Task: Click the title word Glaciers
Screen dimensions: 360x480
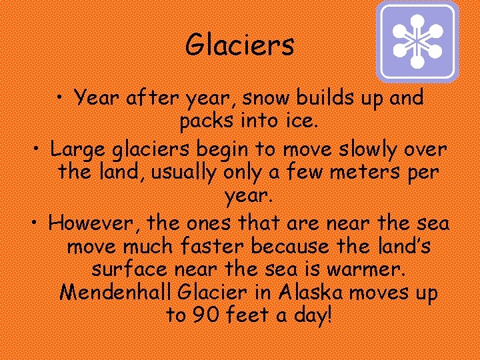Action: [239, 45]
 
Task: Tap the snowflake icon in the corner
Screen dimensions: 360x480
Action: [417, 41]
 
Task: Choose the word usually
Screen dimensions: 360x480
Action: [183, 172]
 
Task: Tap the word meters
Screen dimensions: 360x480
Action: [365, 172]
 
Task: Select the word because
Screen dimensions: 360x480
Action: [293, 246]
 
